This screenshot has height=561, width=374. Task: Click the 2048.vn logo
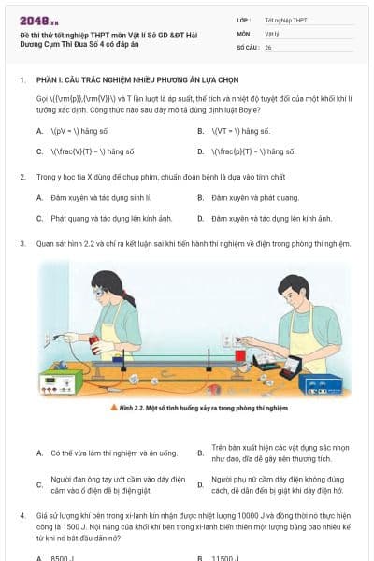coord(38,20)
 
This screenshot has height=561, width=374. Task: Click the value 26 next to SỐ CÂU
coord(268,46)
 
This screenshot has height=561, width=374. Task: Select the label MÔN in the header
coord(245,33)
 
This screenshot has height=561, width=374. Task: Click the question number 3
coord(22,243)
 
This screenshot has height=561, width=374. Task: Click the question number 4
coord(22,515)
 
